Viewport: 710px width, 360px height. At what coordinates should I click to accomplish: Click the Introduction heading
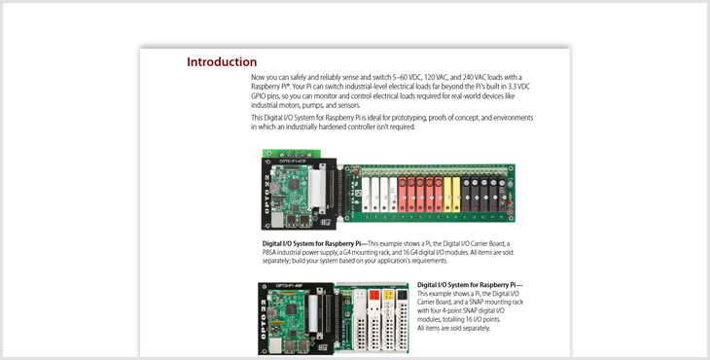click(222, 62)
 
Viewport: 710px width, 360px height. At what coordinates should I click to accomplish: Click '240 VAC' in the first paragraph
click(474, 77)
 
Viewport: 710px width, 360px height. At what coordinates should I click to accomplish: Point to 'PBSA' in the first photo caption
click(269, 252)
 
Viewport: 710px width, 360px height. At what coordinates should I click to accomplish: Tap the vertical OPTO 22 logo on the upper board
click(266, 194)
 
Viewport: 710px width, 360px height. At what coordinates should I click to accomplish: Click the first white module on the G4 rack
click(366, 195)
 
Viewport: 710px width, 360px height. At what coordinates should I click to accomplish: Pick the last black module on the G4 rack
click(502, 195)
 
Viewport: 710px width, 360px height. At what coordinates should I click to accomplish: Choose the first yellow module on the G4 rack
click(447, 195)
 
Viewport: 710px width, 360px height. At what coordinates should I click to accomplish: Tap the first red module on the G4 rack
click(402, 195)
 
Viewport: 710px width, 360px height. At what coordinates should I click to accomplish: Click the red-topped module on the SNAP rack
click(374, 320)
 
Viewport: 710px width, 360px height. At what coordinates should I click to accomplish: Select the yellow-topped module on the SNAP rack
click(388, 320)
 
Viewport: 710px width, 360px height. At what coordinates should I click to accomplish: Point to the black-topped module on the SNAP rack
click(402, 320)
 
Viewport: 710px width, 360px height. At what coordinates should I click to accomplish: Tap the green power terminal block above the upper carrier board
click(292, 154)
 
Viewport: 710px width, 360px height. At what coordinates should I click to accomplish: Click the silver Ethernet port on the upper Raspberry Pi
click(277, 220)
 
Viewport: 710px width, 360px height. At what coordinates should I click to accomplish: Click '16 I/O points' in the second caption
click(483, 320)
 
